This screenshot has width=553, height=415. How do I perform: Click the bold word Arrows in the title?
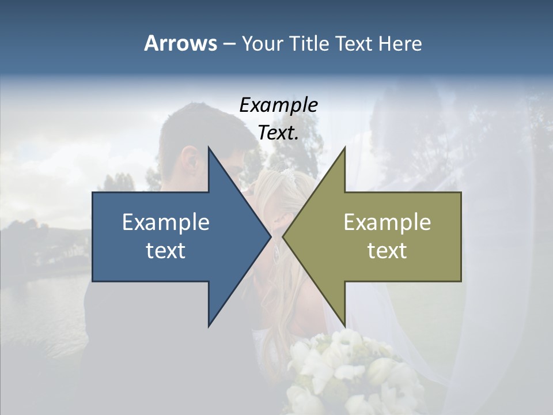point(180,43)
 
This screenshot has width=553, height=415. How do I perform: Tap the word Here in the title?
point(400,44)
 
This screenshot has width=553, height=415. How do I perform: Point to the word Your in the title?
point(262,44)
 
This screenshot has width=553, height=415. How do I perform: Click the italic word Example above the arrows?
point(278,105)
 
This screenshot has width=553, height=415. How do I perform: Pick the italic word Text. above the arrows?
point(278,133)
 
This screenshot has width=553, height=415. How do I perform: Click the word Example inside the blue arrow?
point(165,222)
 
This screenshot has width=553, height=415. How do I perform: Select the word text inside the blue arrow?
point(165,250)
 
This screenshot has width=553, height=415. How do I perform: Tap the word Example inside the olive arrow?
point(387,222)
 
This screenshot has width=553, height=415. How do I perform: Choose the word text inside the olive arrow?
point(387,250)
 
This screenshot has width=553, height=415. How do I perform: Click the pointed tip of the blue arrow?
point(270,237)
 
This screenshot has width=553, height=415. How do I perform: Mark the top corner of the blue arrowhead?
point(209,148)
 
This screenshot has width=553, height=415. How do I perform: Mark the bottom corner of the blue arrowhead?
point(209,326)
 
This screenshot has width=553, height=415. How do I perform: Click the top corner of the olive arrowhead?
point(344,148)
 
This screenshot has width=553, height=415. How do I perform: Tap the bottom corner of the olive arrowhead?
point(344,326)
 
